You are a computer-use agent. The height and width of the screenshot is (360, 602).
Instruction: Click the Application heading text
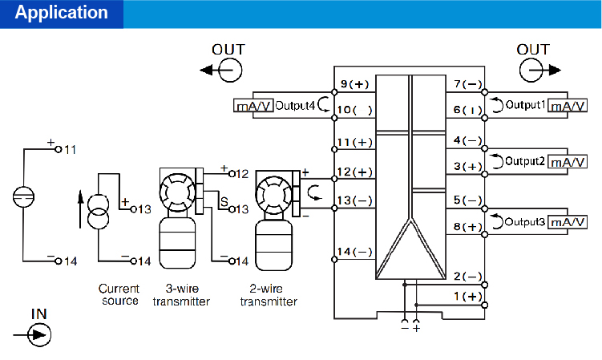point(62,14)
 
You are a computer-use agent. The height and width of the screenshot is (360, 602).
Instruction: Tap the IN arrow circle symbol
point(38,333)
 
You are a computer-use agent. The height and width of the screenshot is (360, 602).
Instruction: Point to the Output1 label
point(524,105)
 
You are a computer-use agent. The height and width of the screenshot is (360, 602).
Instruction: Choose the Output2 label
point(524,162)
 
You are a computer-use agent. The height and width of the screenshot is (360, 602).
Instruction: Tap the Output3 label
point(524,221)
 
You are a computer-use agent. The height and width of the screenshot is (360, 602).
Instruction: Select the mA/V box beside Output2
point(568,162)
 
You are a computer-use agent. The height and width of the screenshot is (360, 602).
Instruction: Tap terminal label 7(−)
point(467,84)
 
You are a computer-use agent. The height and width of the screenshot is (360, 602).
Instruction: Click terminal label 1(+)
point(467,297)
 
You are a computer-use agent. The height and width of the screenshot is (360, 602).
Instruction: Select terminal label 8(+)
point(467,227)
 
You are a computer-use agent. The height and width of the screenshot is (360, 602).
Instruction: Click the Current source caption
point(119,294)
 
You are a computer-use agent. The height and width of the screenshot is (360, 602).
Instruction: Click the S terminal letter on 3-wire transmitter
point(224,200)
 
